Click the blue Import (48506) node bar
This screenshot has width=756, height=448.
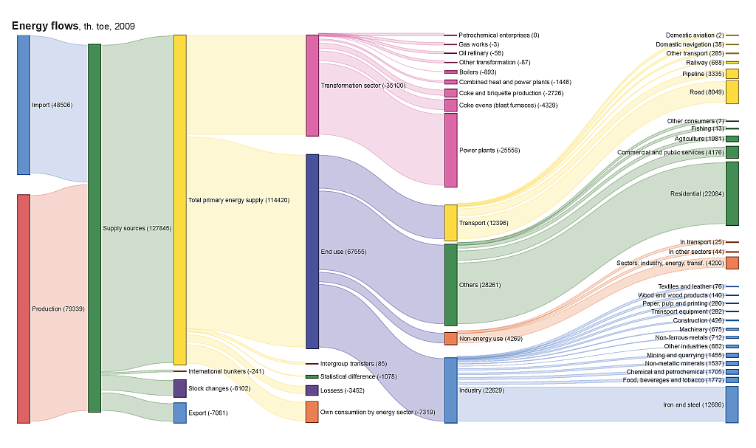(x=24, y=105)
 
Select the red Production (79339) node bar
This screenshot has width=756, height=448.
(x=24, y=309)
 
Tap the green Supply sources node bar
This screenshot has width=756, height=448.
(x=94, y=228)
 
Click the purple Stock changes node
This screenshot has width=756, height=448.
(x=179, y=388)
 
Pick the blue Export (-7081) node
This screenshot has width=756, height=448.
(x=179, y=413)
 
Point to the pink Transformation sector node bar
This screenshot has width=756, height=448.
(x=312, y=86)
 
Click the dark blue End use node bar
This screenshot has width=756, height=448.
(x=312, y=251)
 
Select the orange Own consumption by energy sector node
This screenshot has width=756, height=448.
(x=312, y=412)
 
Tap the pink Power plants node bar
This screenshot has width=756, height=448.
(x=450, y=150)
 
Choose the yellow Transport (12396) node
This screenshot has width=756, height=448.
(x=450, y=223)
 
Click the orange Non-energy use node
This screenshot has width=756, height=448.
(x=450, y=339)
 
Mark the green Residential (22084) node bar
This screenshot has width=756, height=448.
(x=732, y=193)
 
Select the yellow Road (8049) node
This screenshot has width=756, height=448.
(x=732, y=92)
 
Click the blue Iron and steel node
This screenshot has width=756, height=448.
(x=732, y=404)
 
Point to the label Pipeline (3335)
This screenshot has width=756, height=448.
(x=702, y=75)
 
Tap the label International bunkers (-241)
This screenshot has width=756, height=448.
(x=226, y=371)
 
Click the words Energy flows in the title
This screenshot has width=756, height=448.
(x=44, y=26)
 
